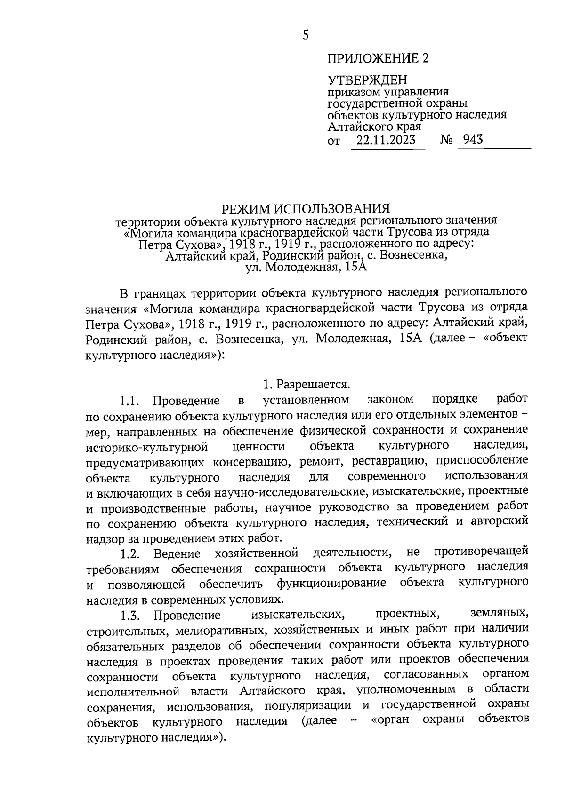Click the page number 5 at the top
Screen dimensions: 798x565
pos(306,35)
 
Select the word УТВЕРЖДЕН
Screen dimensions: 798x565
pos(367,80)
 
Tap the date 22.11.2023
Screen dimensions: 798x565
pos(386,140)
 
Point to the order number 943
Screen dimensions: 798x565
pos(473,140)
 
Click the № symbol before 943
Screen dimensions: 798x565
pos(447,140)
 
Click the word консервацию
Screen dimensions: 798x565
pos(254,461)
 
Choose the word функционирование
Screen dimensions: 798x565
pos(331,584)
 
